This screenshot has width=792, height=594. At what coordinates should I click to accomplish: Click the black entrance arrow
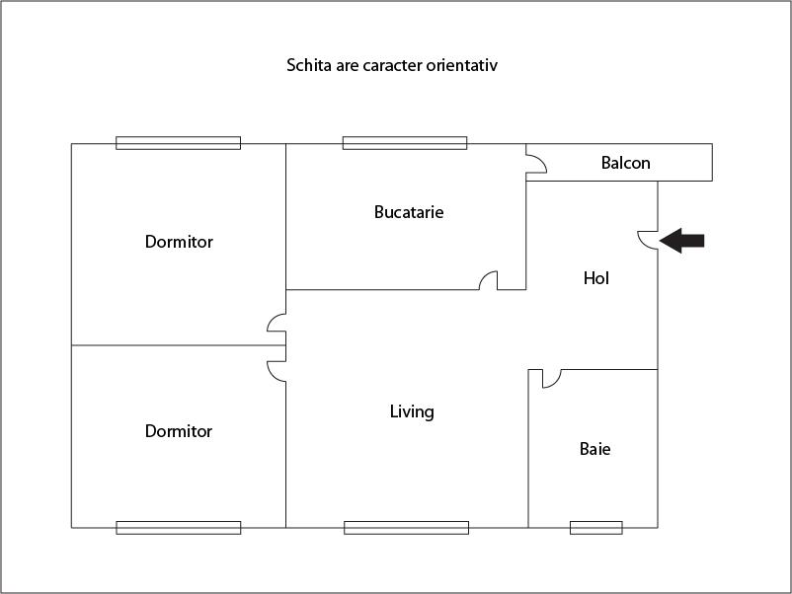[x=682, y=240]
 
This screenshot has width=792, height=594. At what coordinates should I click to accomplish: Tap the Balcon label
[x=626, y=163]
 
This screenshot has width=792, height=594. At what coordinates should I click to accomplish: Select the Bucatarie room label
[x=409, y=212]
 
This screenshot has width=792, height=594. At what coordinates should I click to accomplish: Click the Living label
[x=412, y=411]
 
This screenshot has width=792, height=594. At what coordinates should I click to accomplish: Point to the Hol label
[x=596, y=278]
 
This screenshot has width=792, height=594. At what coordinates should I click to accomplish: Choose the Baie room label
[x=594, y=449]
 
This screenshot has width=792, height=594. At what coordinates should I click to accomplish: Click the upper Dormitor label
[x=179, y=242]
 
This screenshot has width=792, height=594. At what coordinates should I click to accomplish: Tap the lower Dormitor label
[x=179, y=431]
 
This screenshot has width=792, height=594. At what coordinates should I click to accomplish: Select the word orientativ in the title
[x=465, y=66]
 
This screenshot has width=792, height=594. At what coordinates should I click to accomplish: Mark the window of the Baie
[x=596, y=528]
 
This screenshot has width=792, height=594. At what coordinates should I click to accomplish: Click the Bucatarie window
[x=405, y=143]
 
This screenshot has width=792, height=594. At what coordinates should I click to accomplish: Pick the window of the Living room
[x=406, y=528]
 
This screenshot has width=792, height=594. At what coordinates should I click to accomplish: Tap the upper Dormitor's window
[x=178, y=143]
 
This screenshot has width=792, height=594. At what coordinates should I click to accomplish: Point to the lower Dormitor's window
[x=178, y=528]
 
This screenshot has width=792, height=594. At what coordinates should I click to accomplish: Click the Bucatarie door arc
[x=488, y=280]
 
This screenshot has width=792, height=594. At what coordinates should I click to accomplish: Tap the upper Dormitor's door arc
[x=277, y=324]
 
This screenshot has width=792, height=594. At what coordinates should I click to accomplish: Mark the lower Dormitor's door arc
[x=277, y=370]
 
